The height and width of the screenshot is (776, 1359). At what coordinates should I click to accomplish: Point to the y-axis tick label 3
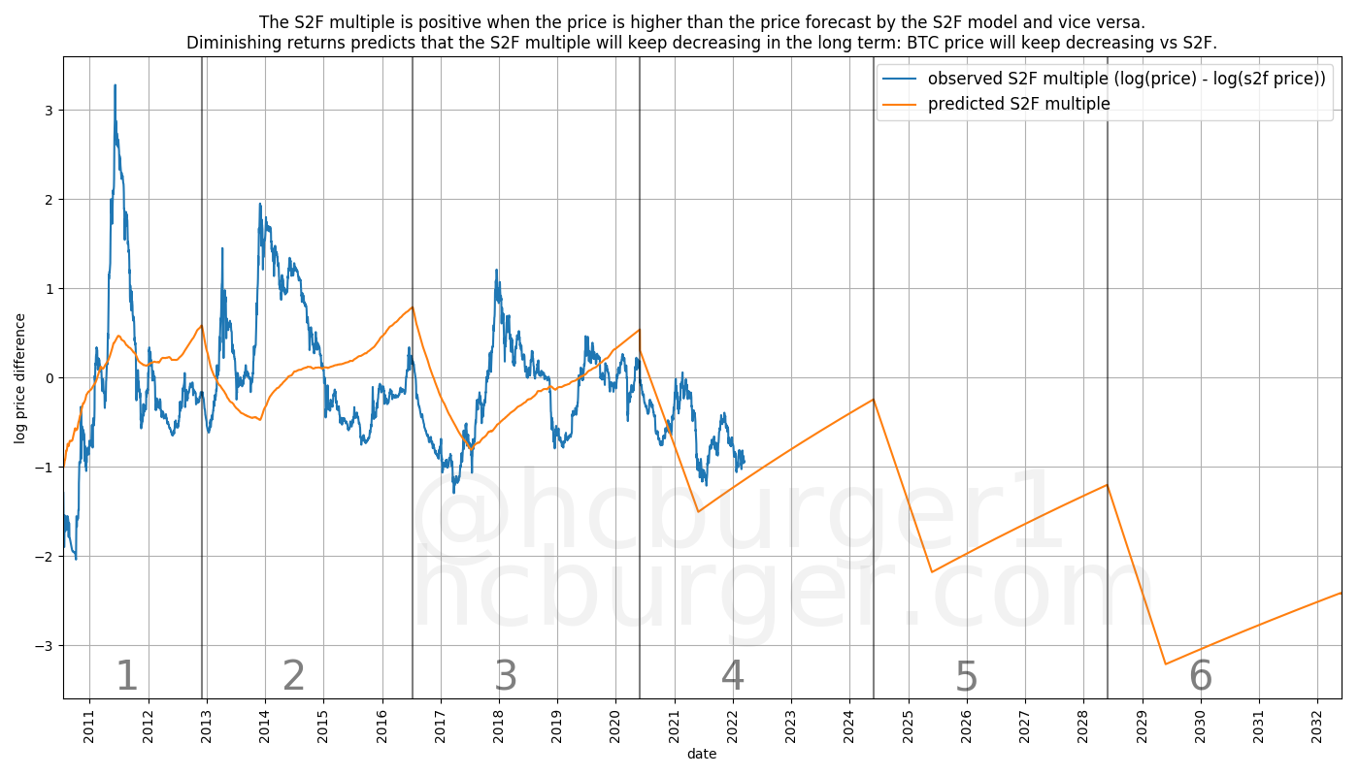(50, 111)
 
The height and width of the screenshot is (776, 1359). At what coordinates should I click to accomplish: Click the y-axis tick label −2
(47, 557)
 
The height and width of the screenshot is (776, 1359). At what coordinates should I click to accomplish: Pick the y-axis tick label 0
(50, 378)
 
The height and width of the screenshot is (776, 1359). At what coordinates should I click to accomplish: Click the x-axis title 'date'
(701, 754)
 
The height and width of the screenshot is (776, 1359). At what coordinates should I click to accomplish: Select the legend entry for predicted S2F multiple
(1018, 104)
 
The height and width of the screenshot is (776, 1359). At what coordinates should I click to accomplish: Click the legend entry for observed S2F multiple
(1126, 79)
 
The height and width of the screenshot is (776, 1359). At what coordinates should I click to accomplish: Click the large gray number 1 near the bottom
(127, 677)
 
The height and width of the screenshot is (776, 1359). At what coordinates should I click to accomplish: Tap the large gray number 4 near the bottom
(733, 677)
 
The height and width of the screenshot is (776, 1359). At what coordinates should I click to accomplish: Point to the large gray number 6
(1201, 677)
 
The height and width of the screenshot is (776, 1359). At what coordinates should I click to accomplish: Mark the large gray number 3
(506, 677)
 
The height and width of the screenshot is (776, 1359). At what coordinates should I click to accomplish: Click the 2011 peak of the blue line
(115, 85)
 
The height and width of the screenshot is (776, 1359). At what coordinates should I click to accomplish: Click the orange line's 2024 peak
(874, 399)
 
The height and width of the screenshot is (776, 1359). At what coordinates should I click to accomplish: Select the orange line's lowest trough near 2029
(1165, 663)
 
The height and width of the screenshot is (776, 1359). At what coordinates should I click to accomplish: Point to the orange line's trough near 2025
(932, 571)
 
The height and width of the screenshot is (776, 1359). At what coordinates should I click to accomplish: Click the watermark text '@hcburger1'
(738, 514)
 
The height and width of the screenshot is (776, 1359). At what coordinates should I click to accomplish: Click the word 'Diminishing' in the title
(236, 43)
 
